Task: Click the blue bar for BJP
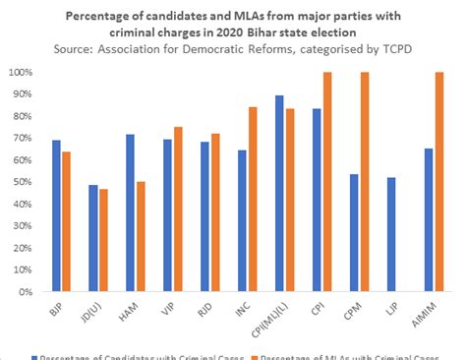tap(55, 216)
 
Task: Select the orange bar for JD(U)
tap(103, 240)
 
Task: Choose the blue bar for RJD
tap(205, 217)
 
